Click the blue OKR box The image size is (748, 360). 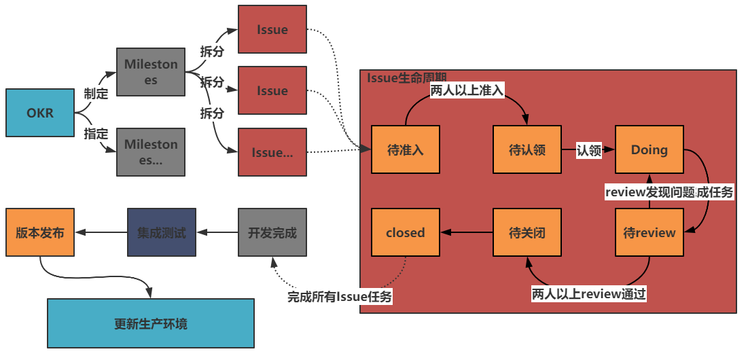[39, 113]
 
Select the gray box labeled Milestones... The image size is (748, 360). [150, 72]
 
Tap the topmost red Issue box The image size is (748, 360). [272, 30]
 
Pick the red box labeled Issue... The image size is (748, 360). [272, 90]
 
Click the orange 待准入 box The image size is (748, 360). [405, 150]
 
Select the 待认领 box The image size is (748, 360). [527, 150]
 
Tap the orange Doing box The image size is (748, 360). [649, 150]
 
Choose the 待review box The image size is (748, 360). [649, 233]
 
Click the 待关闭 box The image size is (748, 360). [527, 233]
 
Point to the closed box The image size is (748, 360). [405, 233]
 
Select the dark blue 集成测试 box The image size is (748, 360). [162, 233]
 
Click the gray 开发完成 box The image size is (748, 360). [272, 233]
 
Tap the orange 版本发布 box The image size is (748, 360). [39, 233]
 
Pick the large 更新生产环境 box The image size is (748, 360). [150, 323]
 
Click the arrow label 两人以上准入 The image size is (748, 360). [467, 90]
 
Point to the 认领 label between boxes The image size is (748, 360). [588, 151]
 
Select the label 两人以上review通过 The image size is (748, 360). [588, 293]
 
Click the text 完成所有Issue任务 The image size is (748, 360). [340, 296]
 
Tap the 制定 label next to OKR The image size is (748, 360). [96, 94]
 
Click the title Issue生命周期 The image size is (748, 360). [406, 77]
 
